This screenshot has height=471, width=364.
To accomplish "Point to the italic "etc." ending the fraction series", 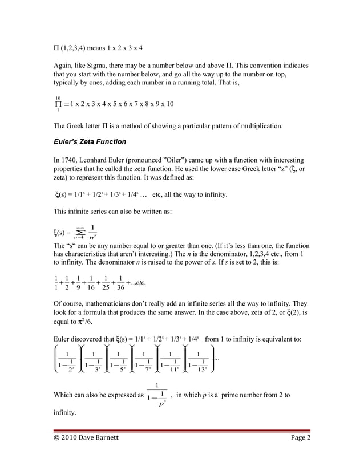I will click(140, 281).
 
